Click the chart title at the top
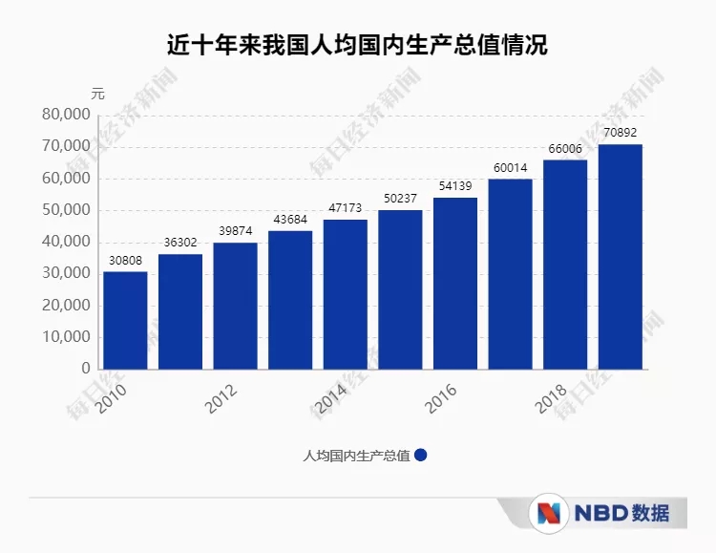(x=358, y=45)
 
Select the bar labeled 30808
(x=125, y=320)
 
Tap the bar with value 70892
(x=621, y=256)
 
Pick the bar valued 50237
(x=400, y=288)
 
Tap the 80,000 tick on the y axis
(x=67, y=115)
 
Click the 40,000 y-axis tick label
(x=67, y=242)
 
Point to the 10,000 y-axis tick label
(x=67, y=337)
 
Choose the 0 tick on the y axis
(x=86, y=369)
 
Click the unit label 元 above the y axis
(x=97, y=94)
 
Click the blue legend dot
(x=420, y=456)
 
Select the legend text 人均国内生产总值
(x=356, y=456)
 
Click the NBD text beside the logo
(x=601, y=513)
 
